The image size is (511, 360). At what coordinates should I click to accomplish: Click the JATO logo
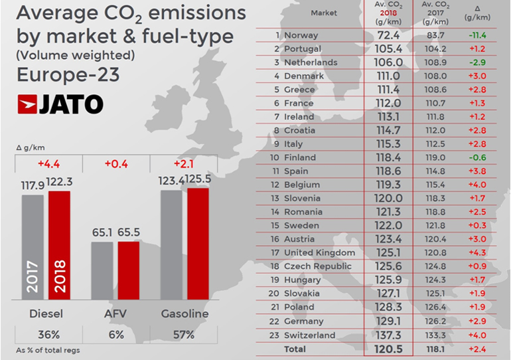[x=60, y=104]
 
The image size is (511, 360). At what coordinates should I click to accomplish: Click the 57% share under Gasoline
[x=181, y=335]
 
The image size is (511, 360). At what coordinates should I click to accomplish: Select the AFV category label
[x=116, y=314]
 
